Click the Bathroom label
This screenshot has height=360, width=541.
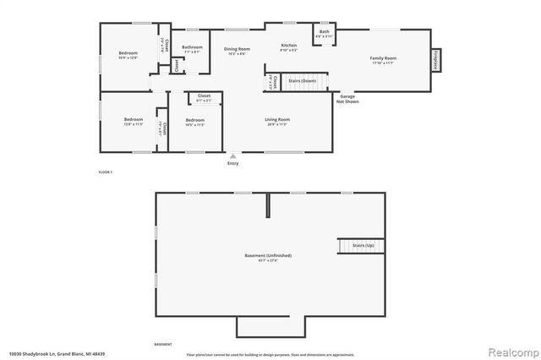click(192, 47)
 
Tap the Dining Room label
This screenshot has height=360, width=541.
click(237, 50)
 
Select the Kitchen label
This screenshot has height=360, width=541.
click(288, 45)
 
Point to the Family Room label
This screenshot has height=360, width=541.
click(383, 58)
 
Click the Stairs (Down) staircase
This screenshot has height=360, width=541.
click(302, 81)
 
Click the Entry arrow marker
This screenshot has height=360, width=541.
click(233, 156)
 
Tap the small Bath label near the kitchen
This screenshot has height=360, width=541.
click(324, 32)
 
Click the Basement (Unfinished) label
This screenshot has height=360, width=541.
click(268, 255)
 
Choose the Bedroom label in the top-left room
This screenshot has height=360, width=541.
click(128, 55)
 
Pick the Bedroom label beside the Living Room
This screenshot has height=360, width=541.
click(195, 120)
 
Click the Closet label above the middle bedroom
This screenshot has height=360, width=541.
click(204, 96)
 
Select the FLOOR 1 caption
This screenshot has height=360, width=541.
click(106, 172)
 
